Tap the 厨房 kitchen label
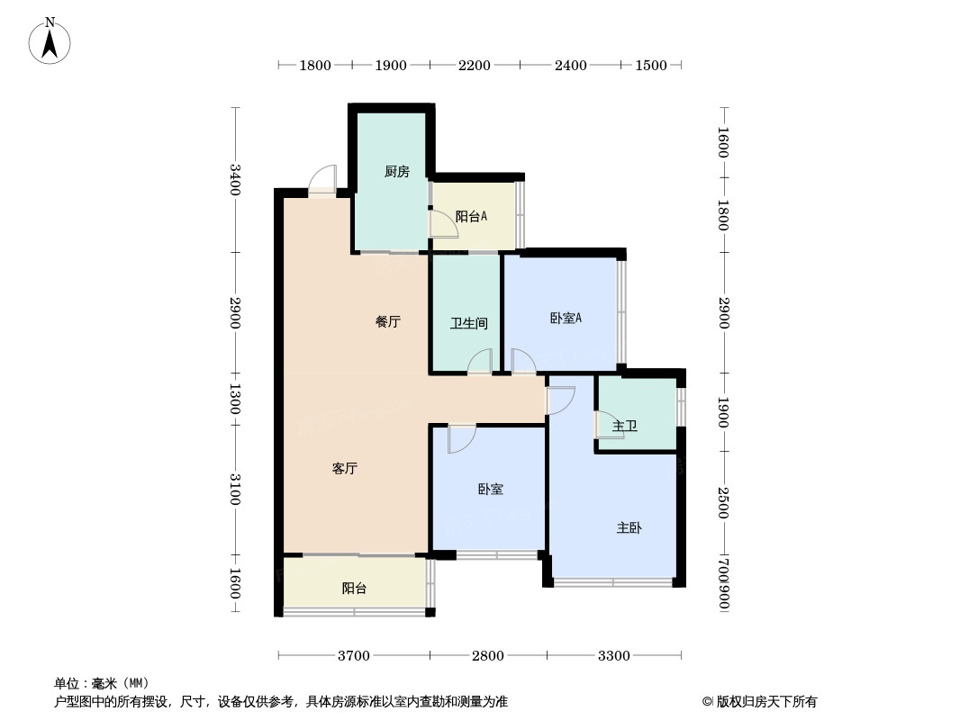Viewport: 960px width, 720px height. (x=396, y=172)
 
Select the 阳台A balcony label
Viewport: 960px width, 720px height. (x=471, y=216)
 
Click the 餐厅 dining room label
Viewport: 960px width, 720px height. (x=388, y=322)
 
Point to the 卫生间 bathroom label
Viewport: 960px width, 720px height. (x=468, y=323)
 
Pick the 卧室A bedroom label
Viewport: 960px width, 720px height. (x=566, y=318)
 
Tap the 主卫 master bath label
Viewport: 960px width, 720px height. (x=625, y=426)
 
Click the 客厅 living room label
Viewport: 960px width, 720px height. (x=345, y=469)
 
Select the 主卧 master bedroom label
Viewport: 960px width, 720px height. (x=629, y=528)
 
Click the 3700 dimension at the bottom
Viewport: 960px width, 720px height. (x=354, y=655)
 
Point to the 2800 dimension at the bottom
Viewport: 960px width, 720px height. (x=488, y=655)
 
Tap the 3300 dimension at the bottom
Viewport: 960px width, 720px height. (x=614, y=655)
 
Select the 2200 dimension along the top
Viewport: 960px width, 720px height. (x=475, y=65)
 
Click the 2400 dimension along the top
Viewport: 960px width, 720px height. (x=570, y=65)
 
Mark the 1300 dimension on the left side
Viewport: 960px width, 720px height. (x=234, y=400)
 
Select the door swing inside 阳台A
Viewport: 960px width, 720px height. (x=442, y=224)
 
